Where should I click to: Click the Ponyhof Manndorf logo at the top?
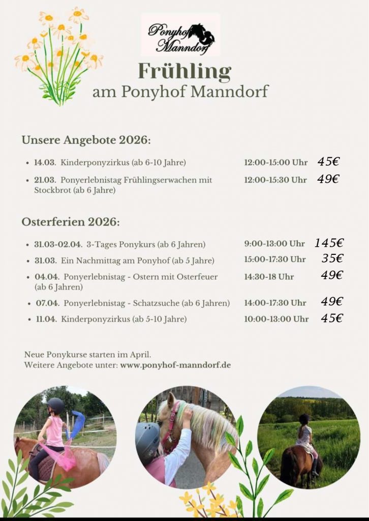pos(180,35)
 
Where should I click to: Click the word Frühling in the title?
pos(184,72)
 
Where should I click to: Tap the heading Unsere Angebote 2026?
pos(86,140)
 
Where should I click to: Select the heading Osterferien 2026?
pos(71,222)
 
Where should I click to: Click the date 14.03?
pos(45,163)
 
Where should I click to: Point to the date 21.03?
pos(45,180)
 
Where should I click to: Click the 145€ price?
pos(329,243)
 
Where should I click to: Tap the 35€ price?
pos(332,258)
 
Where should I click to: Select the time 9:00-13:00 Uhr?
pos(274,244)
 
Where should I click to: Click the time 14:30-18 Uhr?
pos(269,277)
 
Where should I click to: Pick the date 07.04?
pos(46,303)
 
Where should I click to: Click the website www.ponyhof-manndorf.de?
pos(175,365)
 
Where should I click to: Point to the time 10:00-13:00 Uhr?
pos(276,319)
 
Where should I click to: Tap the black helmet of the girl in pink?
pos(55,405)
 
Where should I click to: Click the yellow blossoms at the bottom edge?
pos(208,504)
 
